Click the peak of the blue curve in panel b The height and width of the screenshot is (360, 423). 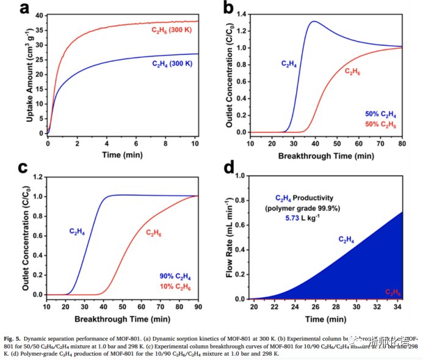pyautogui.click(x=314, y=21)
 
